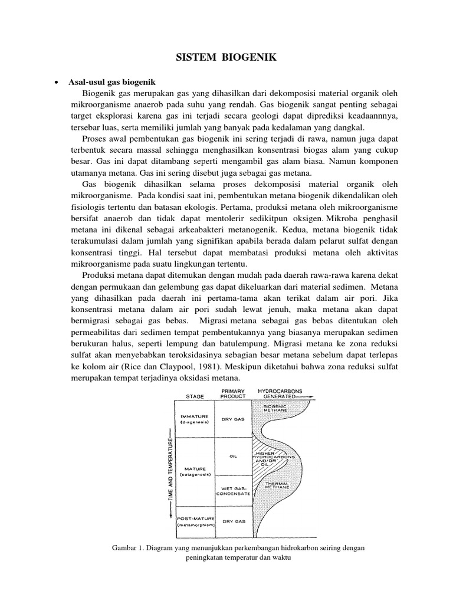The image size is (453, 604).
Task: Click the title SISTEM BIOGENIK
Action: [x=226, y=57]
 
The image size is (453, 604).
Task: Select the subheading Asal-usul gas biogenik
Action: [x=112, y=81]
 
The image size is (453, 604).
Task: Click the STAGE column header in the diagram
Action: [x=195, y=396]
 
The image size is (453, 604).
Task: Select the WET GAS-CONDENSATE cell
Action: [x=235, y=490]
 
